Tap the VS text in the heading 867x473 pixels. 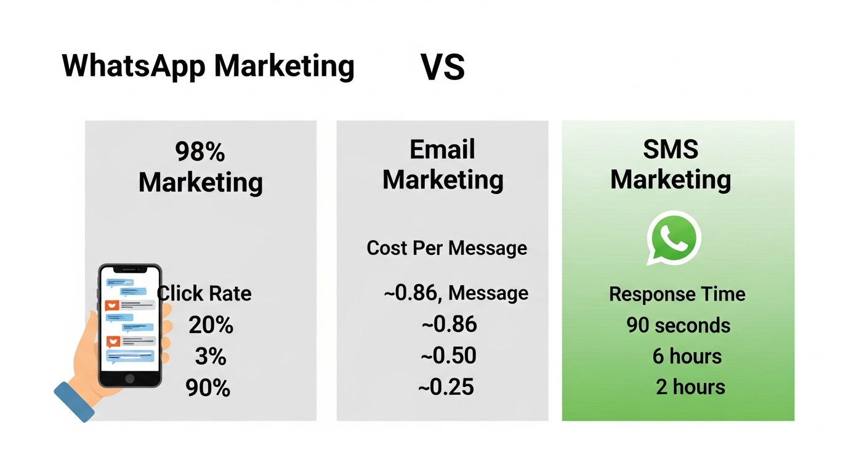coord(442,67)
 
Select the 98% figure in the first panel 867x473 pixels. coord(200,152)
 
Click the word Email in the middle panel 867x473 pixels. coord(442,150)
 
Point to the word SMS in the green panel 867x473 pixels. coord(670,150)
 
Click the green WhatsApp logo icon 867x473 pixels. coord(674,238)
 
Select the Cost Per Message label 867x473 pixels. coord(446,248)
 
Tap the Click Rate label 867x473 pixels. coord(205,293)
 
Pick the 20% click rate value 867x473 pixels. coord(211,325)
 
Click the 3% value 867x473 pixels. coord(211,357)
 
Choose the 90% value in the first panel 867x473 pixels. coord(208,388)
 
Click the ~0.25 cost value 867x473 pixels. coord(446,387)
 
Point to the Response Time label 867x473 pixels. coord(677,294)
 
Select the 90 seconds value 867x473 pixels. coord(678,325)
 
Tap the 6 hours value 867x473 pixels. coord(687,356)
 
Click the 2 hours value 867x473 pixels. coord(690,387)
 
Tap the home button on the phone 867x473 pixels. coord(130,378)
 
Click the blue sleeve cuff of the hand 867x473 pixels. coord(75,401)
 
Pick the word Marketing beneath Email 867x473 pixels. coord(442,180)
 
